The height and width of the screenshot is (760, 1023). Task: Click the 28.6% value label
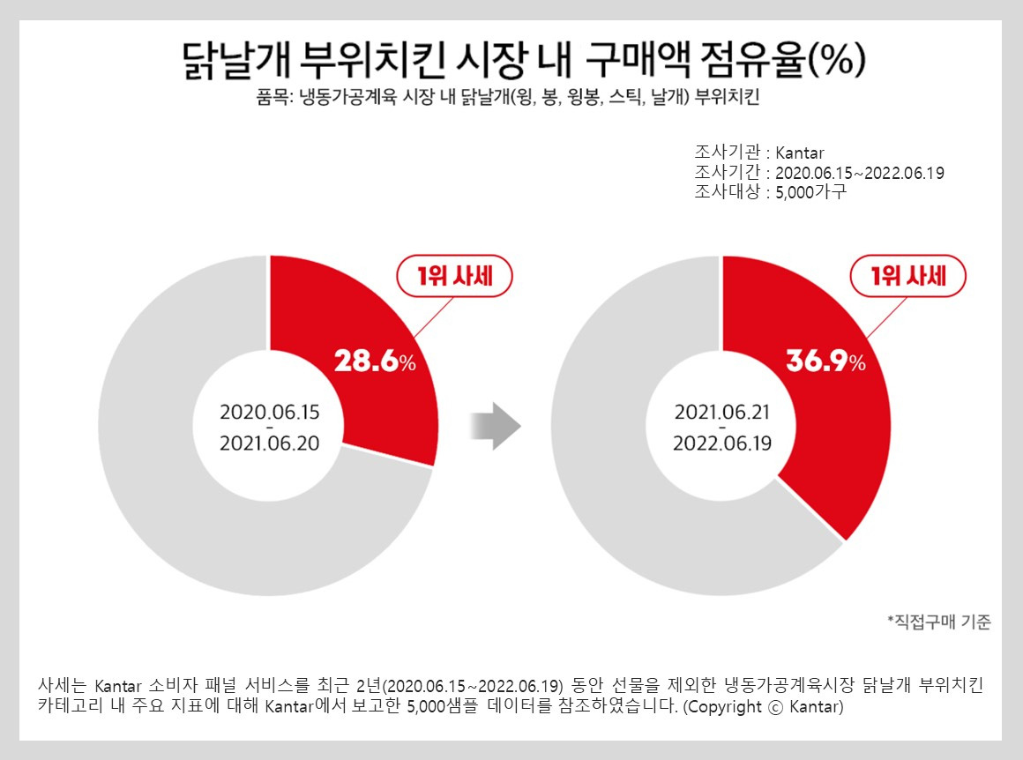click(x=375, y=361)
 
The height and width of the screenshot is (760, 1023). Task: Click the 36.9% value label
click(x=826, y=361)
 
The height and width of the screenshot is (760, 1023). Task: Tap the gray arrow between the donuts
click(x=496, y=426)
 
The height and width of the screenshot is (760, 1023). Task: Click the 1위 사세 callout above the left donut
click(x=455, y=276)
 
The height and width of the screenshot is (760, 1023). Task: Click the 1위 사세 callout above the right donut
click(x=908, y=276)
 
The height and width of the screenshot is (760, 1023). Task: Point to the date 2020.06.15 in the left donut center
click(x=270, y=413)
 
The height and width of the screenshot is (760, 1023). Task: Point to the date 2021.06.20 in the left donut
click(x=270, y=443)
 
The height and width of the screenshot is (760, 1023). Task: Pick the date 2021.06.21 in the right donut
click(x=722, y=413)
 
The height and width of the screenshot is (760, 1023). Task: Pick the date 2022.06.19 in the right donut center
click(x=722, y=443)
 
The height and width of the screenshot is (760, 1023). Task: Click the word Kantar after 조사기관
click(x=800, y=153)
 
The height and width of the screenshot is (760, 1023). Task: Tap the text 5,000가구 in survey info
click(x=811, y=192)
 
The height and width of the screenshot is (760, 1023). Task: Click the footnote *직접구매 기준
click(x=939, y=622)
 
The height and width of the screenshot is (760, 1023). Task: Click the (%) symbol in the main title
click(x=837, y=60)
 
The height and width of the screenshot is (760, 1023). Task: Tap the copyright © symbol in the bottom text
click(x=776, y=708)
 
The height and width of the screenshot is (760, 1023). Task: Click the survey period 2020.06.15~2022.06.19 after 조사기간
click(x=860, y=173)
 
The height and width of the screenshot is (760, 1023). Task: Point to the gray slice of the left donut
click(x=196, y=522)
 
